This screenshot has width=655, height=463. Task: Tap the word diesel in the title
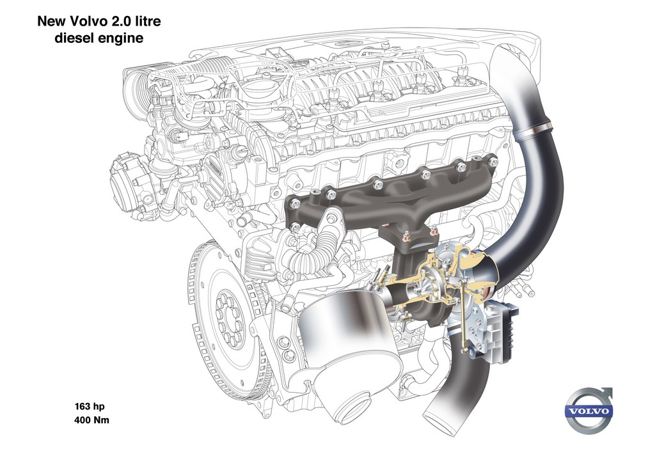click(x=74, y=38)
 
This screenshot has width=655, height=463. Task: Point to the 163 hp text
click(x=90, y=406)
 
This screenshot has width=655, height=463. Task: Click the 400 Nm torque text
click(x=91, y=420)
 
